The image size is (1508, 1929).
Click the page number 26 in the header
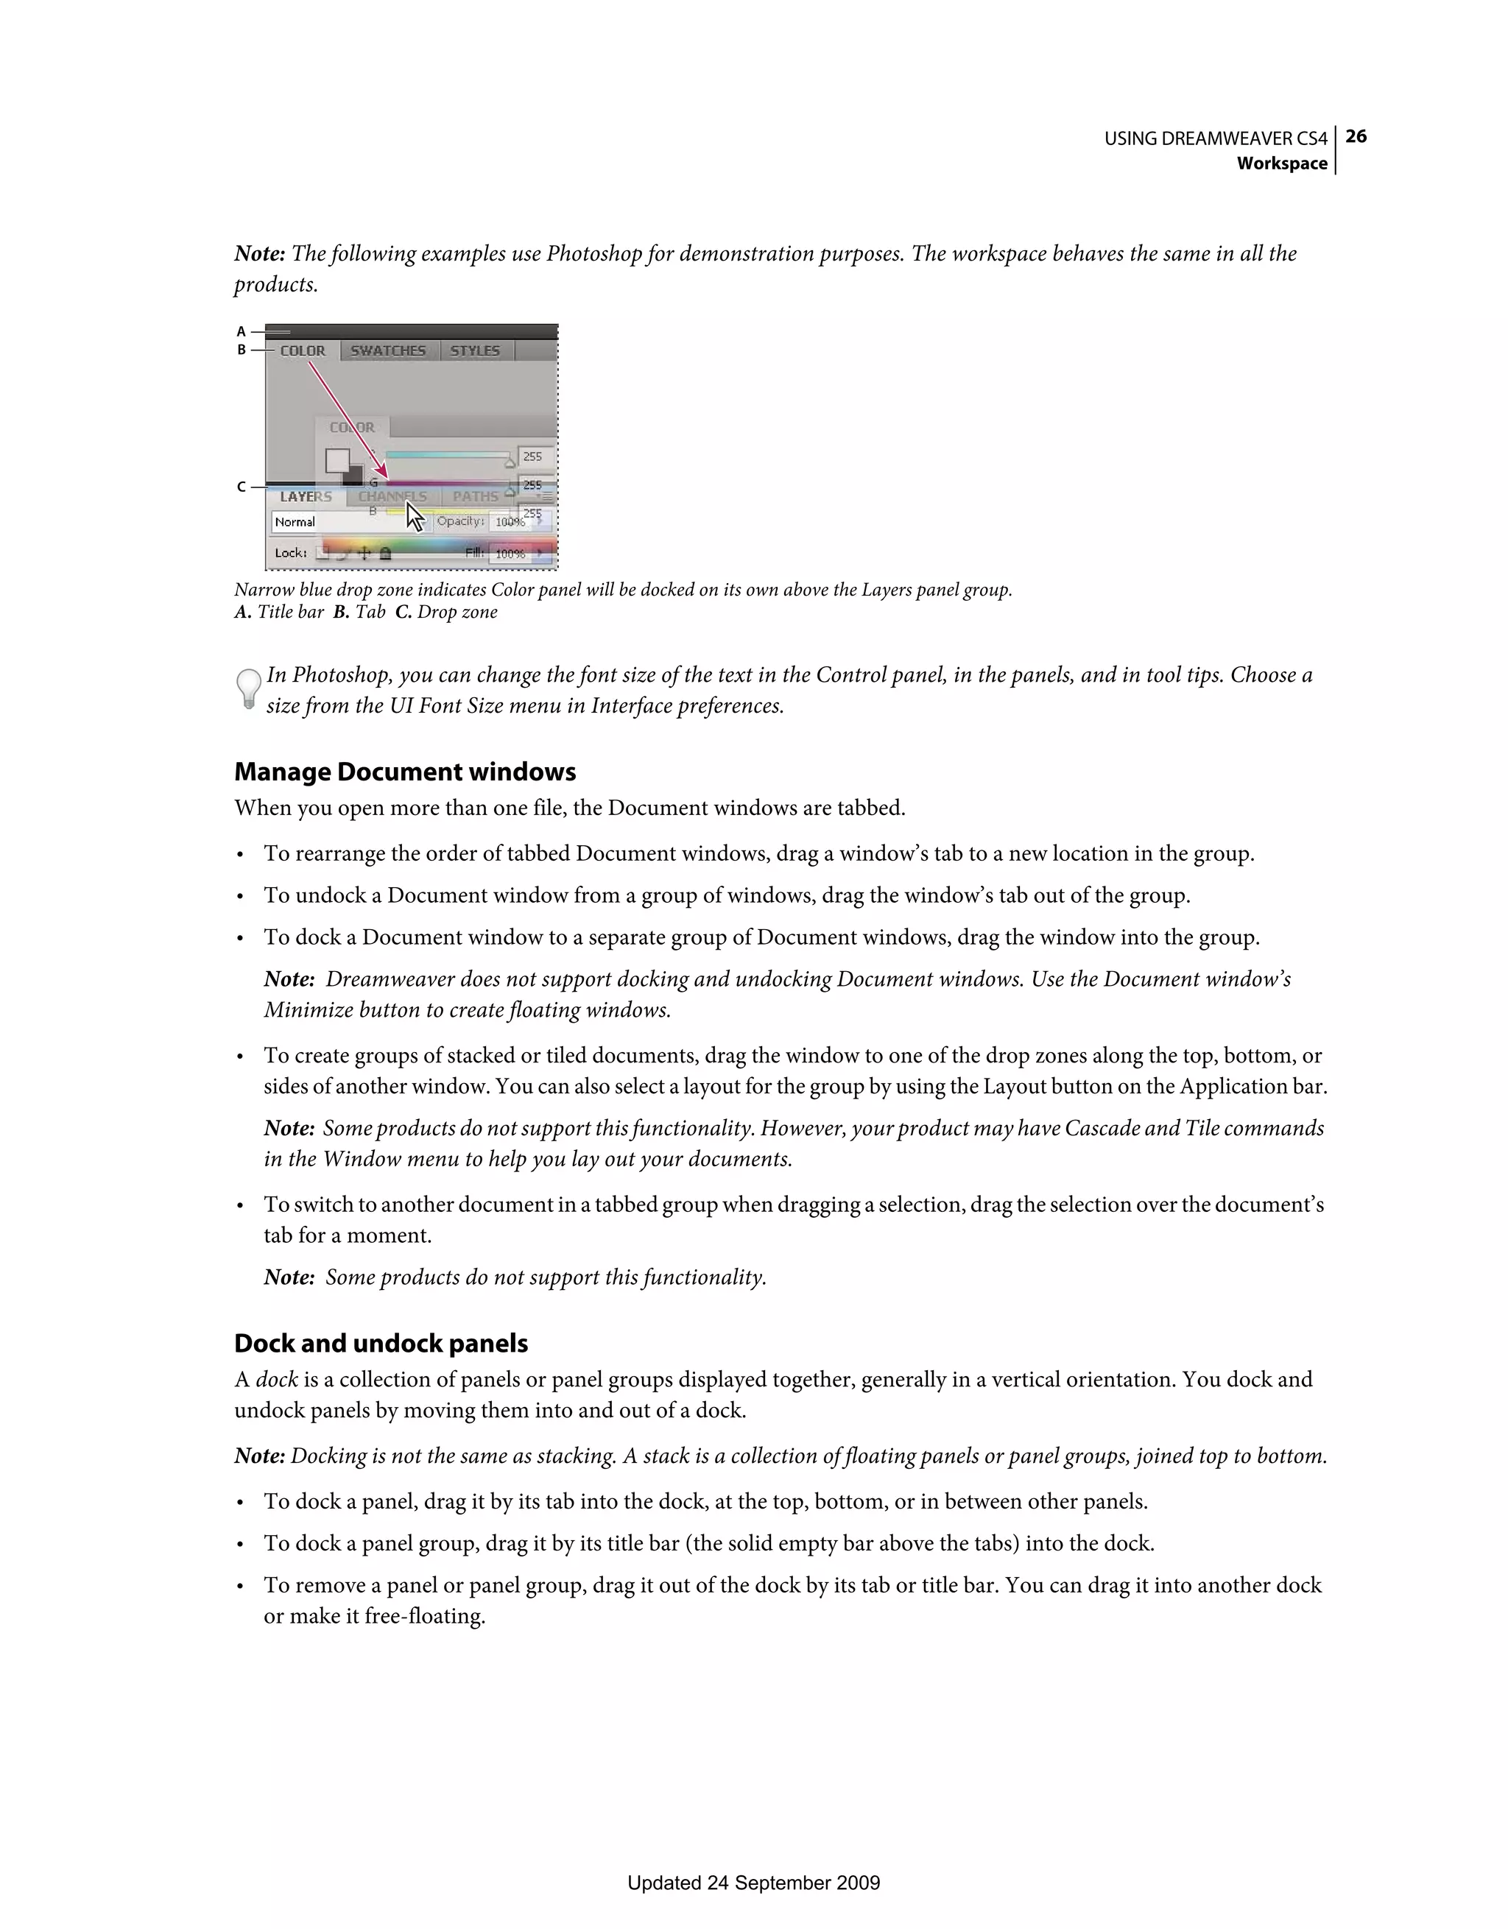tap(1356, 136)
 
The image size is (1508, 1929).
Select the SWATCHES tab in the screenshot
tap(388, 350)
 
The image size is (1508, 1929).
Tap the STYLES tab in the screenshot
tap(474, 350)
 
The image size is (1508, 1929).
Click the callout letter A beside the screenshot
tap(240, 332)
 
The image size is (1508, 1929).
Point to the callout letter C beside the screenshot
tap(240, 487)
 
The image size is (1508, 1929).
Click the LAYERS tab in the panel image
tap(306, 497)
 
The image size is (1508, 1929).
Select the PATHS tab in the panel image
tap(475, 497)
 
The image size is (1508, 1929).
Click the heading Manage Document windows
tap(404, 772)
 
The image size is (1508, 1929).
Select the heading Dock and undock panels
tap(381, 1344)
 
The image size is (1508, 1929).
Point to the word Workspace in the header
tap(1281, 163)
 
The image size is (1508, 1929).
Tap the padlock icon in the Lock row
tap(385, 554)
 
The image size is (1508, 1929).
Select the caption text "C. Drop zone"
tap(446, 612)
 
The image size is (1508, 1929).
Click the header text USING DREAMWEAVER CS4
tap(1215, 138)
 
